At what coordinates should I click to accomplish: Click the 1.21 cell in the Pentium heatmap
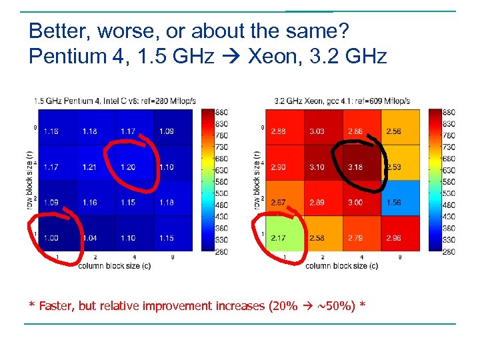[90, 167]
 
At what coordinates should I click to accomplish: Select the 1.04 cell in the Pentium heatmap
[90, 238]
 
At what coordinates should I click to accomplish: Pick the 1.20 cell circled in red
[128, 167]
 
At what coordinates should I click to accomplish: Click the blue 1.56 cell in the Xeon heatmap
[393, 202]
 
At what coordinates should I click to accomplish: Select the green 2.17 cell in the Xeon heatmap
[279, 238]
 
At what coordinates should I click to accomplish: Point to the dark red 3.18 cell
[355, 167]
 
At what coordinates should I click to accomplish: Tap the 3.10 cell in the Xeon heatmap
[317, 167]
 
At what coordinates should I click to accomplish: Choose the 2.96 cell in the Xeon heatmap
[393, 238]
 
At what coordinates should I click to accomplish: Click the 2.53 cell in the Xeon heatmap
[393, 167]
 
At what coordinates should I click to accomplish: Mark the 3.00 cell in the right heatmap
[355, 202]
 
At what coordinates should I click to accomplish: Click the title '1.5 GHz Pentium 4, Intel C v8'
[115, 101]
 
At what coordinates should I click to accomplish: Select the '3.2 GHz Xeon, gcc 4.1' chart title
[342, 101]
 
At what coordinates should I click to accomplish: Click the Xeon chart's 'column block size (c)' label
[341, 265]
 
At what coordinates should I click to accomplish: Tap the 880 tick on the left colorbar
[222, 112]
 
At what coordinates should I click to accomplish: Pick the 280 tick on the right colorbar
[449, 251]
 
